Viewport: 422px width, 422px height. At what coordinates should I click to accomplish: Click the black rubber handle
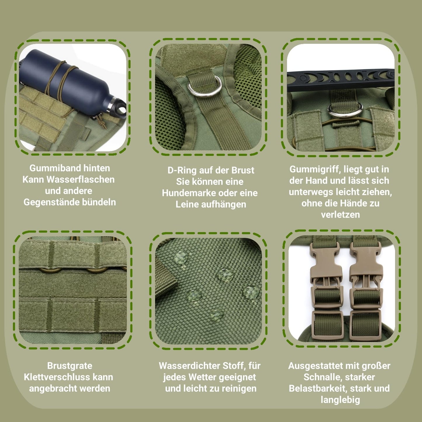341,80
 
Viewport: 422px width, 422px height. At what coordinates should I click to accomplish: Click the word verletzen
340,215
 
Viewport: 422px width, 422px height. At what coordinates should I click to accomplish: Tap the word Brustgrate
70,366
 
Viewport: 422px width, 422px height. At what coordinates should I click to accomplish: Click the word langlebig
340,400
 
